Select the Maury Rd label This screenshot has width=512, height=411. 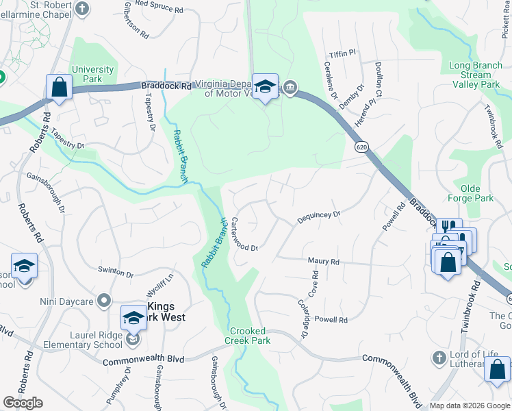point(324,262)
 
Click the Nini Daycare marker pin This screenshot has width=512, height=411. point(104,299)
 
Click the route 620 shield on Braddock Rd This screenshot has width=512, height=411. point(360,147)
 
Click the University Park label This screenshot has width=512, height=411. point(92,74)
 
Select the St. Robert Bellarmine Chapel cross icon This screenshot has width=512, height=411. point(82,9)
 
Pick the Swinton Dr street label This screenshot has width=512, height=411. point(116,274)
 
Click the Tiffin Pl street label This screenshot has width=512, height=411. point(343,53)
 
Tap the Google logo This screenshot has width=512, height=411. point(23,403)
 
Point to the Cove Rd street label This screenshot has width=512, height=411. point(314,283)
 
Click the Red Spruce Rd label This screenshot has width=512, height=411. point(159,10)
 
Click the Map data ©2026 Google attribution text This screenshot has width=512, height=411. point(470,406)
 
